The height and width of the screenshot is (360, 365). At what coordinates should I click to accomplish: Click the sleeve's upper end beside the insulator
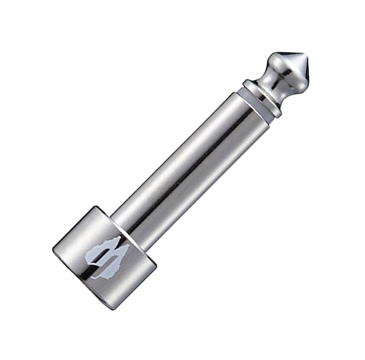coord(248,116)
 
